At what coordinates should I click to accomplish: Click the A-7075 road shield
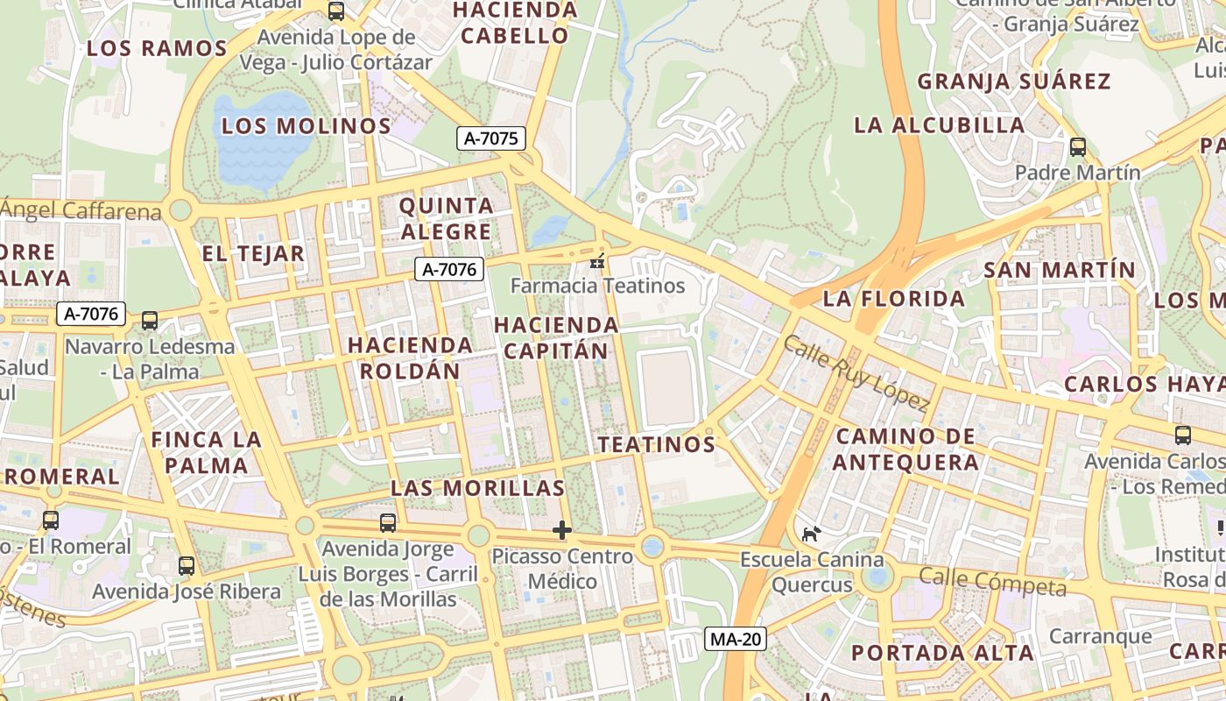[490, 138]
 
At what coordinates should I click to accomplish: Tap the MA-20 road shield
[736, 639]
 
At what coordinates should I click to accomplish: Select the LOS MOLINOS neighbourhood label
[306, 125]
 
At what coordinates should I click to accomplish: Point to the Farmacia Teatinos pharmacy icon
[598, 261]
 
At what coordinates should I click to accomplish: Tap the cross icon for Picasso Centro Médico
[562, 530]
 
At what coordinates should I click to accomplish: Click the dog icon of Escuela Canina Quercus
[811, 533]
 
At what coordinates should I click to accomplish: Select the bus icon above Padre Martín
[1078, 147]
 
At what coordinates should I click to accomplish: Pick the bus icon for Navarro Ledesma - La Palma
[150, 321]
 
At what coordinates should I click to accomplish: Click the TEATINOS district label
[657, 444]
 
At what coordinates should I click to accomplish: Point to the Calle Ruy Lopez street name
[855, 372]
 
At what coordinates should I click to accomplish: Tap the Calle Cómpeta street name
[992, 581]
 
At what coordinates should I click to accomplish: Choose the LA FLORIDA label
[894, 299]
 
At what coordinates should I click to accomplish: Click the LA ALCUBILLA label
[939, 125]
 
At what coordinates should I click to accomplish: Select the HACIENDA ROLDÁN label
[410, 358]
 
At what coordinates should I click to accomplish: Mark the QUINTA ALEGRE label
[447, 219]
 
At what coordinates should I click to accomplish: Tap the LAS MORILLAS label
[477, 488]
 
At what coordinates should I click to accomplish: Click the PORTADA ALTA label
[942, 653]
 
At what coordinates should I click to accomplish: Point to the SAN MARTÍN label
[1059, 270]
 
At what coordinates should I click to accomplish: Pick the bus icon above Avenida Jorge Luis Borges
[388, 523]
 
